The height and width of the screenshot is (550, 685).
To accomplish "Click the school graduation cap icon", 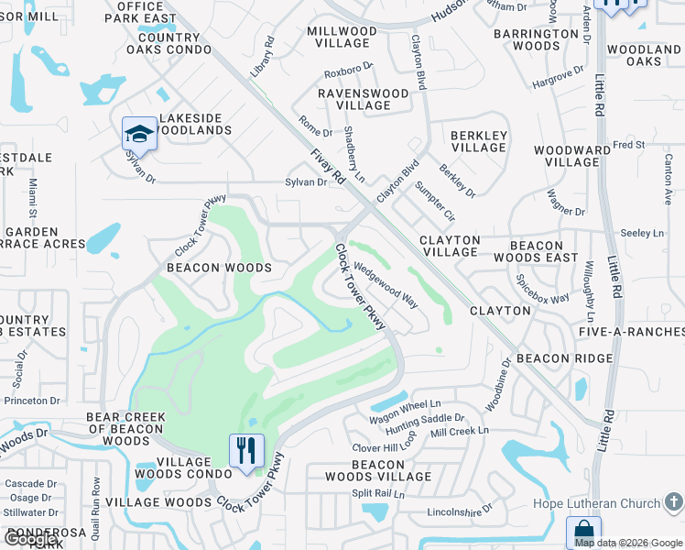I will click(x=139, y=134).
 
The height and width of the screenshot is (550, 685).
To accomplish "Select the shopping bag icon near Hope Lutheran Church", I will click(x=582, y=533).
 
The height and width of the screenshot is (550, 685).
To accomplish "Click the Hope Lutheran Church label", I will click(x=596, y=503).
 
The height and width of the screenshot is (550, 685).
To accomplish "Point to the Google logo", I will click(x=30, y=539).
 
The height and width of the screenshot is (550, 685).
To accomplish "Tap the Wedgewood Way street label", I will click(x=386, y=286).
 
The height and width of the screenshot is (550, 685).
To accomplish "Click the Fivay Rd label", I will click(x=327, y=166).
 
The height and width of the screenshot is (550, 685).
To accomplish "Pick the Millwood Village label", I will click(x=342, y=37).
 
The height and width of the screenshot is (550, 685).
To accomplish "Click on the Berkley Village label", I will click(x=478, y=141).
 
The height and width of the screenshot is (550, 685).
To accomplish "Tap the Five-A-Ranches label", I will click(x=631, y=330).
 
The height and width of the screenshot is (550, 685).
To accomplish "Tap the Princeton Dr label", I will click(x=32, y=401).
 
